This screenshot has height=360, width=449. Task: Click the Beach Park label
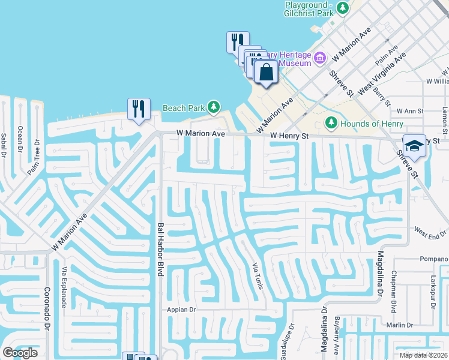tap(183, 108)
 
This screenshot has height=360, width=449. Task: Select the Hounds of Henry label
tap(369, 124)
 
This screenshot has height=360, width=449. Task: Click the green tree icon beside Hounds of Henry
tap(331, 123)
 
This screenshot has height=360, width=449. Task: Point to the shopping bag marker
tap(266, 72)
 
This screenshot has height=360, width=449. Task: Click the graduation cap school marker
tap(414, 145)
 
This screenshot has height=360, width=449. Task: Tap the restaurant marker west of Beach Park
tap(139, 109)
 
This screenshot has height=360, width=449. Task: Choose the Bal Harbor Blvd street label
tap(160, 250)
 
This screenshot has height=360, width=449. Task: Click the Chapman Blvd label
tap(394, 294)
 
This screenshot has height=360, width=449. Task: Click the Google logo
tap(20, 353)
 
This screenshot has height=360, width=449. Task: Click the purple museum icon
tap(320, 58)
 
